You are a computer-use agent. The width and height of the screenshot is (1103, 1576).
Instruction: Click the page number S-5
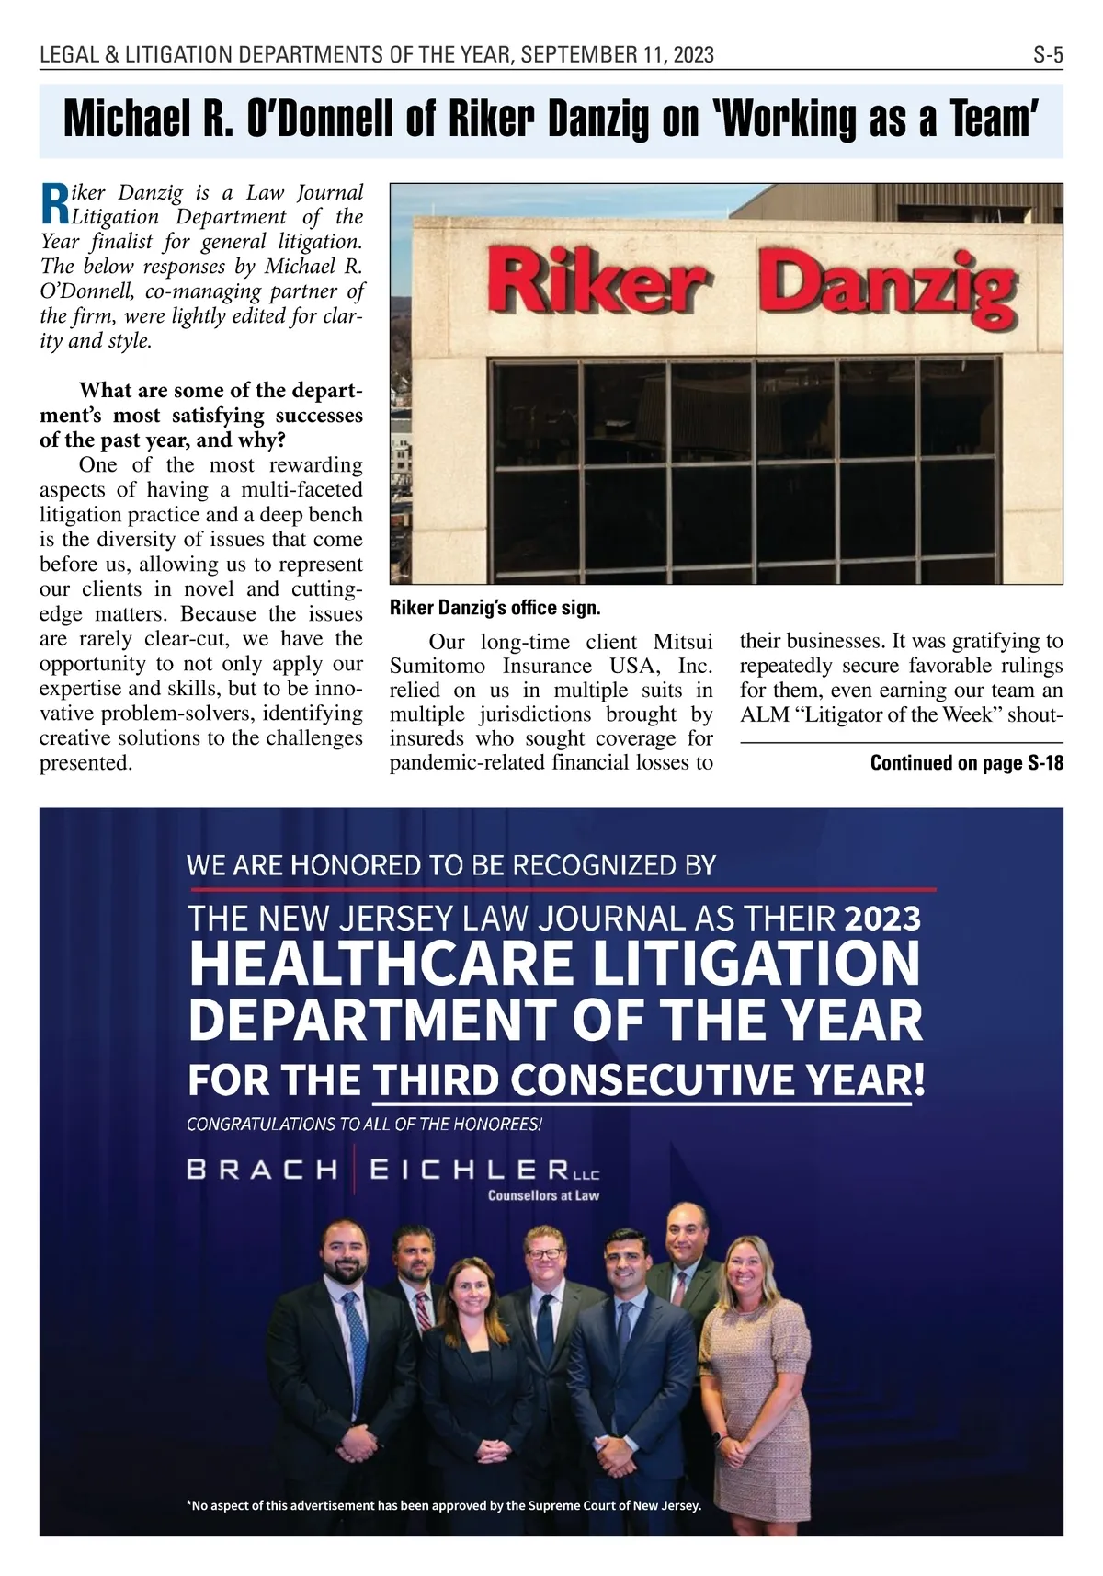[x=1047, y=55]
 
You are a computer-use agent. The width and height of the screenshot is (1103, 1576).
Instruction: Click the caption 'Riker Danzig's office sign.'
[x=495, y=608]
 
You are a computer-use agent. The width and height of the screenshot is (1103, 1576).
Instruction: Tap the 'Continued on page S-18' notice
[x=966, y=762]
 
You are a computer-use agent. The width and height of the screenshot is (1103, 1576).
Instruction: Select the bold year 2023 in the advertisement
[x=881, y=918]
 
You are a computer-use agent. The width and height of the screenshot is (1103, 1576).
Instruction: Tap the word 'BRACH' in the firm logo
[x=262, y=1170]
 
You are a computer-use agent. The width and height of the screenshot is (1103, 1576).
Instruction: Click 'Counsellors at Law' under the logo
[x=542, y=1196]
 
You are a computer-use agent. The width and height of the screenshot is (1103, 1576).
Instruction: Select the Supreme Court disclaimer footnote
[x=443, y=1505]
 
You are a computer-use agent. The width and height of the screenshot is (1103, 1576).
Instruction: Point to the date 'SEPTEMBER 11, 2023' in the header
[x=617, y=55]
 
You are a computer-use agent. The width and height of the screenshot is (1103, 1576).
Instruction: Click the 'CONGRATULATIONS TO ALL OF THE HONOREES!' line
[x=364, y=1124]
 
